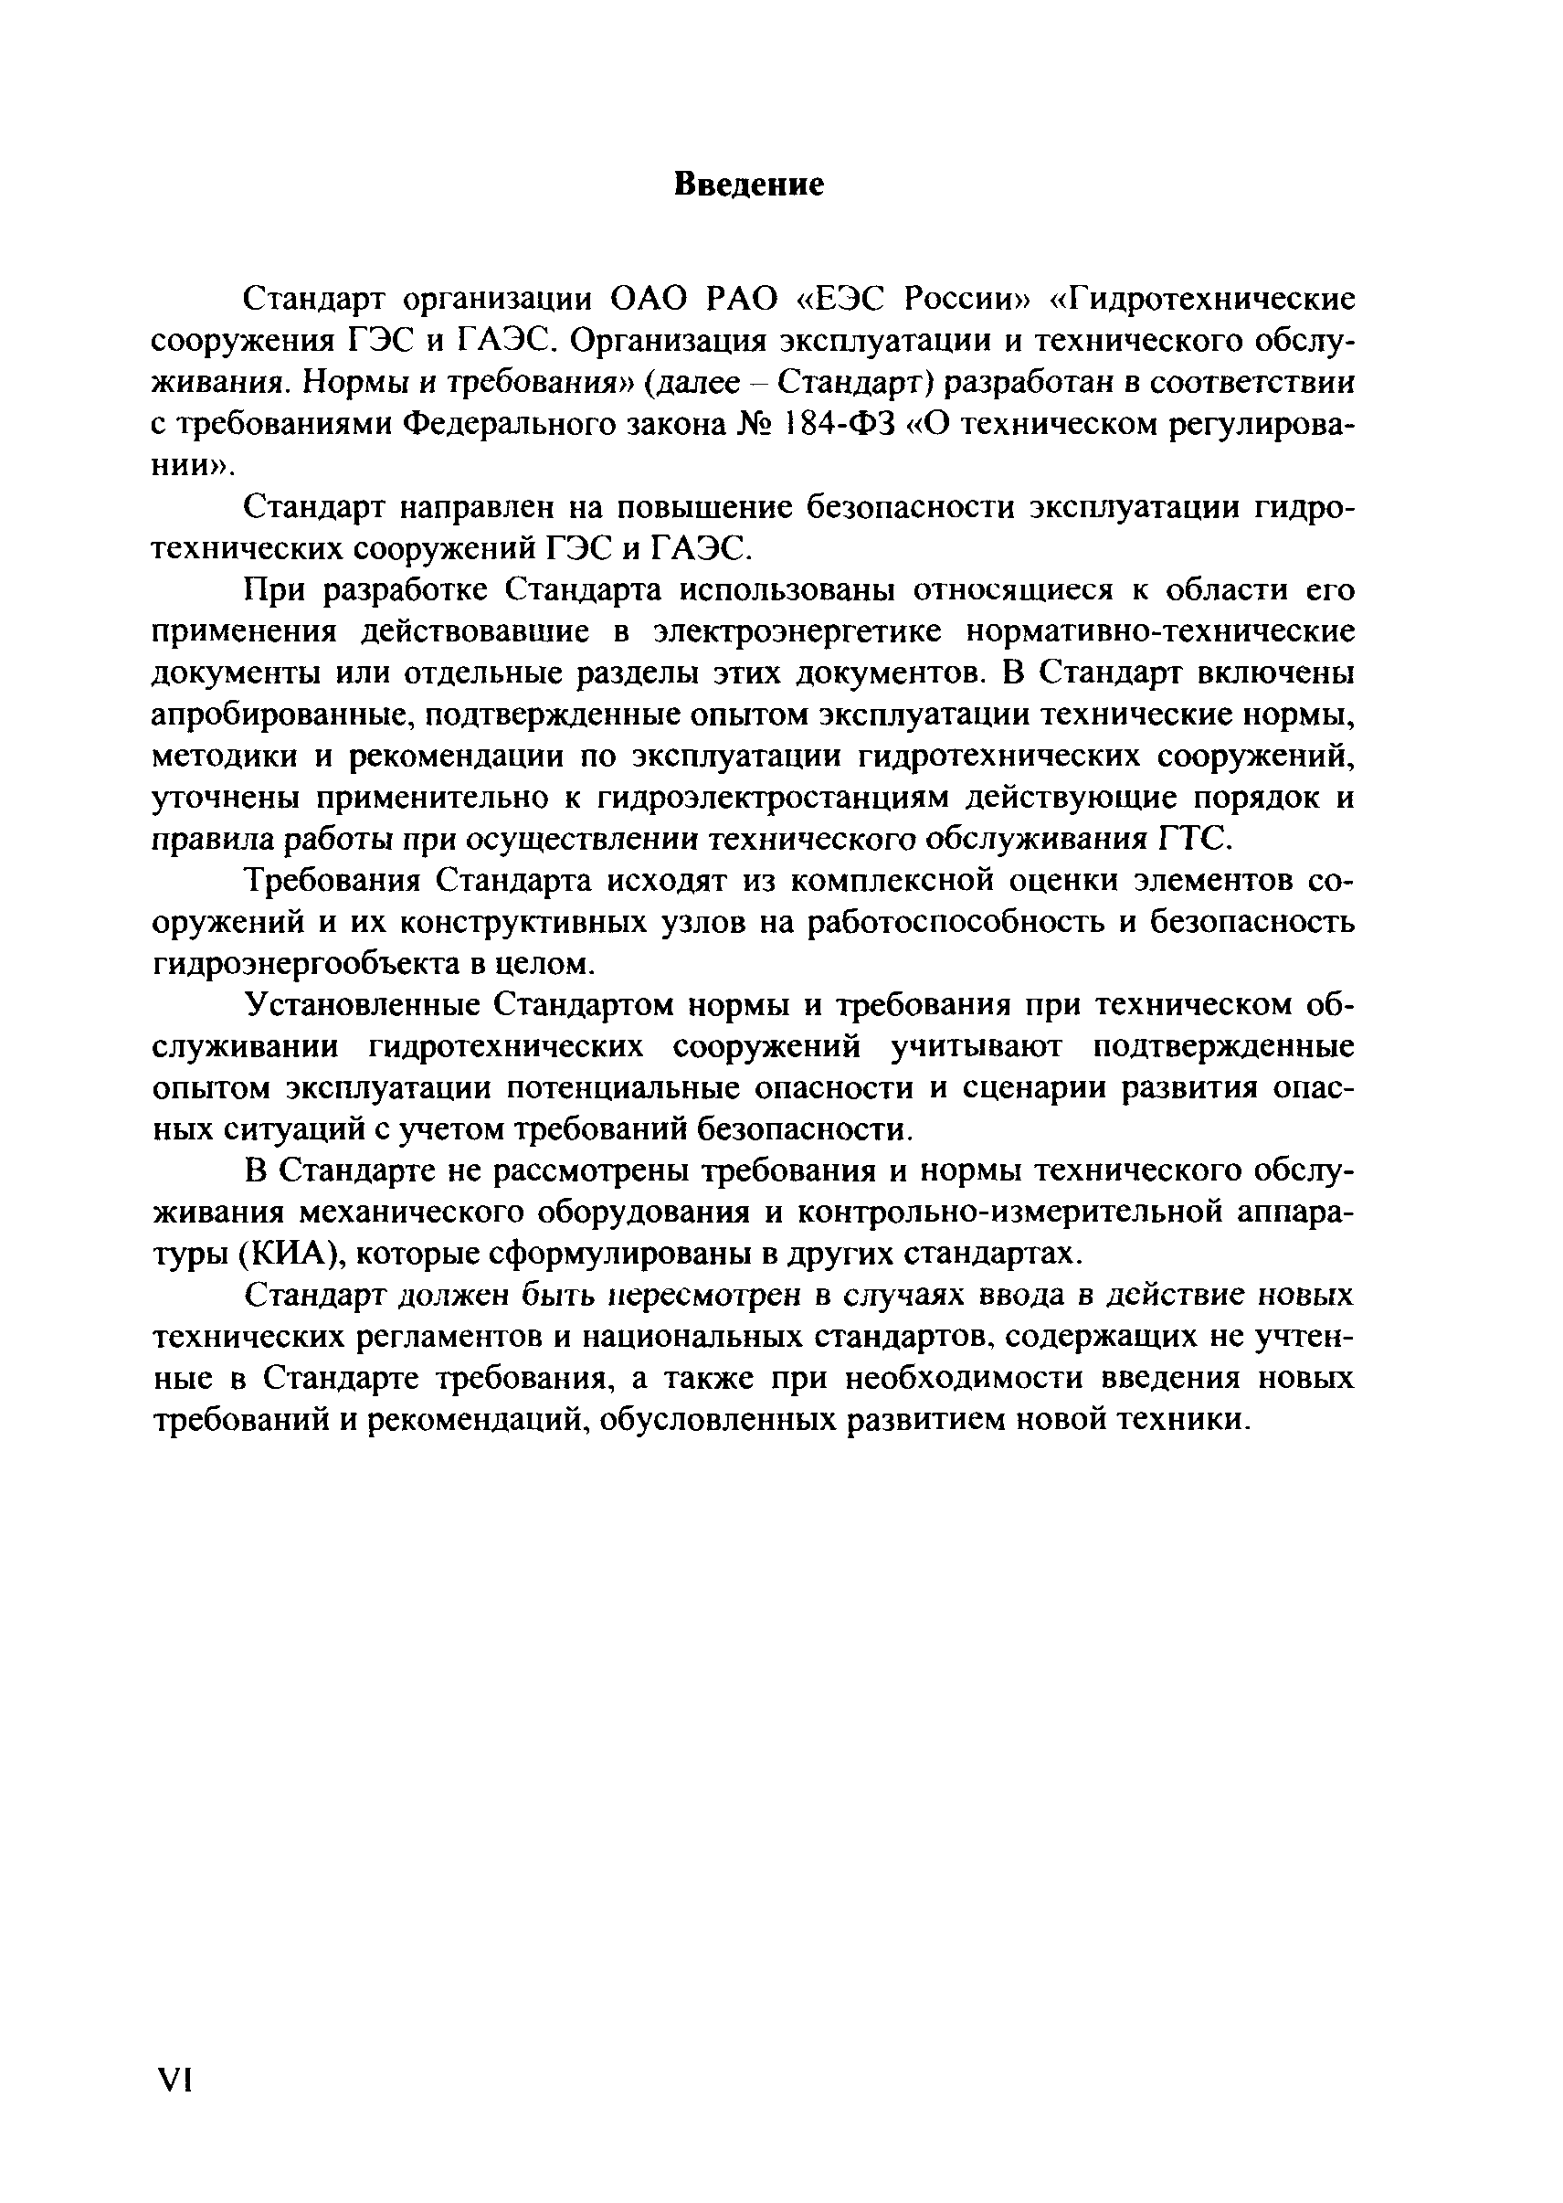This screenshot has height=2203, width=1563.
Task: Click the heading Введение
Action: pos(749,183)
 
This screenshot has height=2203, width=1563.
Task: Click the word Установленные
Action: pos(364,1005)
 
